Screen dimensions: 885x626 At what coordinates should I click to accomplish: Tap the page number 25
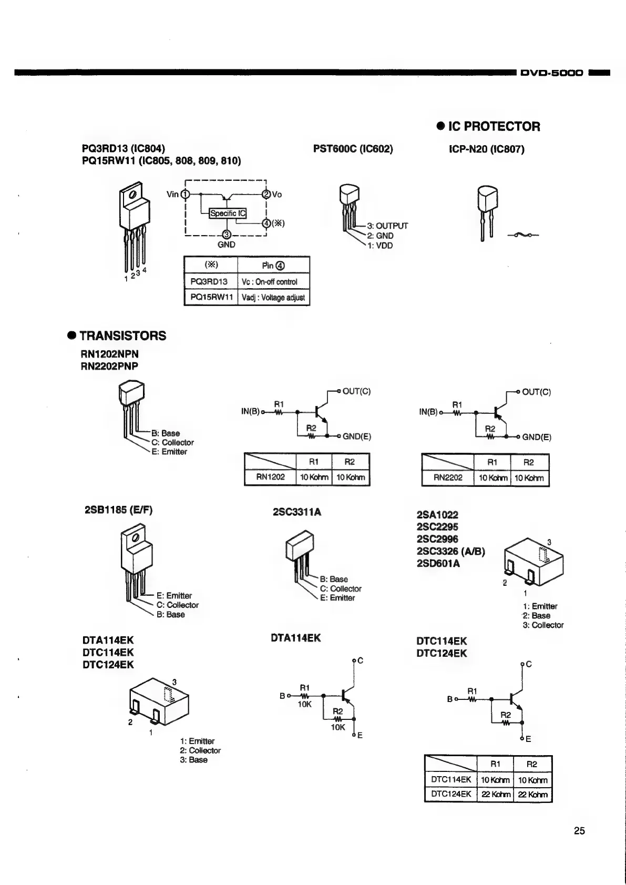[579, 831]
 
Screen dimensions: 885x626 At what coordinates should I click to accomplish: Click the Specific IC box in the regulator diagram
[228, 213]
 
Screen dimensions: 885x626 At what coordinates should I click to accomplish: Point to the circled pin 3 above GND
[227, 235]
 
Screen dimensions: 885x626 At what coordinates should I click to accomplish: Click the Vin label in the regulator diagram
[172, 195]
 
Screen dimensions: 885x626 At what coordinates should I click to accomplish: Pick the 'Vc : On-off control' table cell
[273, 281]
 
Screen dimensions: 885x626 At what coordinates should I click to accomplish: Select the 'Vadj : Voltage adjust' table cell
[273, 298]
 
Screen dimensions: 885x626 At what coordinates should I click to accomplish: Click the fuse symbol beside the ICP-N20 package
[523, 235]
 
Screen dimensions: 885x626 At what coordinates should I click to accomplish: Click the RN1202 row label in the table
[270, 477]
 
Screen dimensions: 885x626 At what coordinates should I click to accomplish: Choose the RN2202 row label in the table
[448, 478]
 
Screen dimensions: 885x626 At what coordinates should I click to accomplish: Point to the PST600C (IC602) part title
[353, 149]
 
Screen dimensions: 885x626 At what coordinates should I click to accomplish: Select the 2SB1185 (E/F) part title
[118, 510]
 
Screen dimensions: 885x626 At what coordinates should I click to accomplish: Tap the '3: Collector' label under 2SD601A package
[543, 625]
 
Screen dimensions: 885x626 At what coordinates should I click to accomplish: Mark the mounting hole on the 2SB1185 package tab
[136, 537]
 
